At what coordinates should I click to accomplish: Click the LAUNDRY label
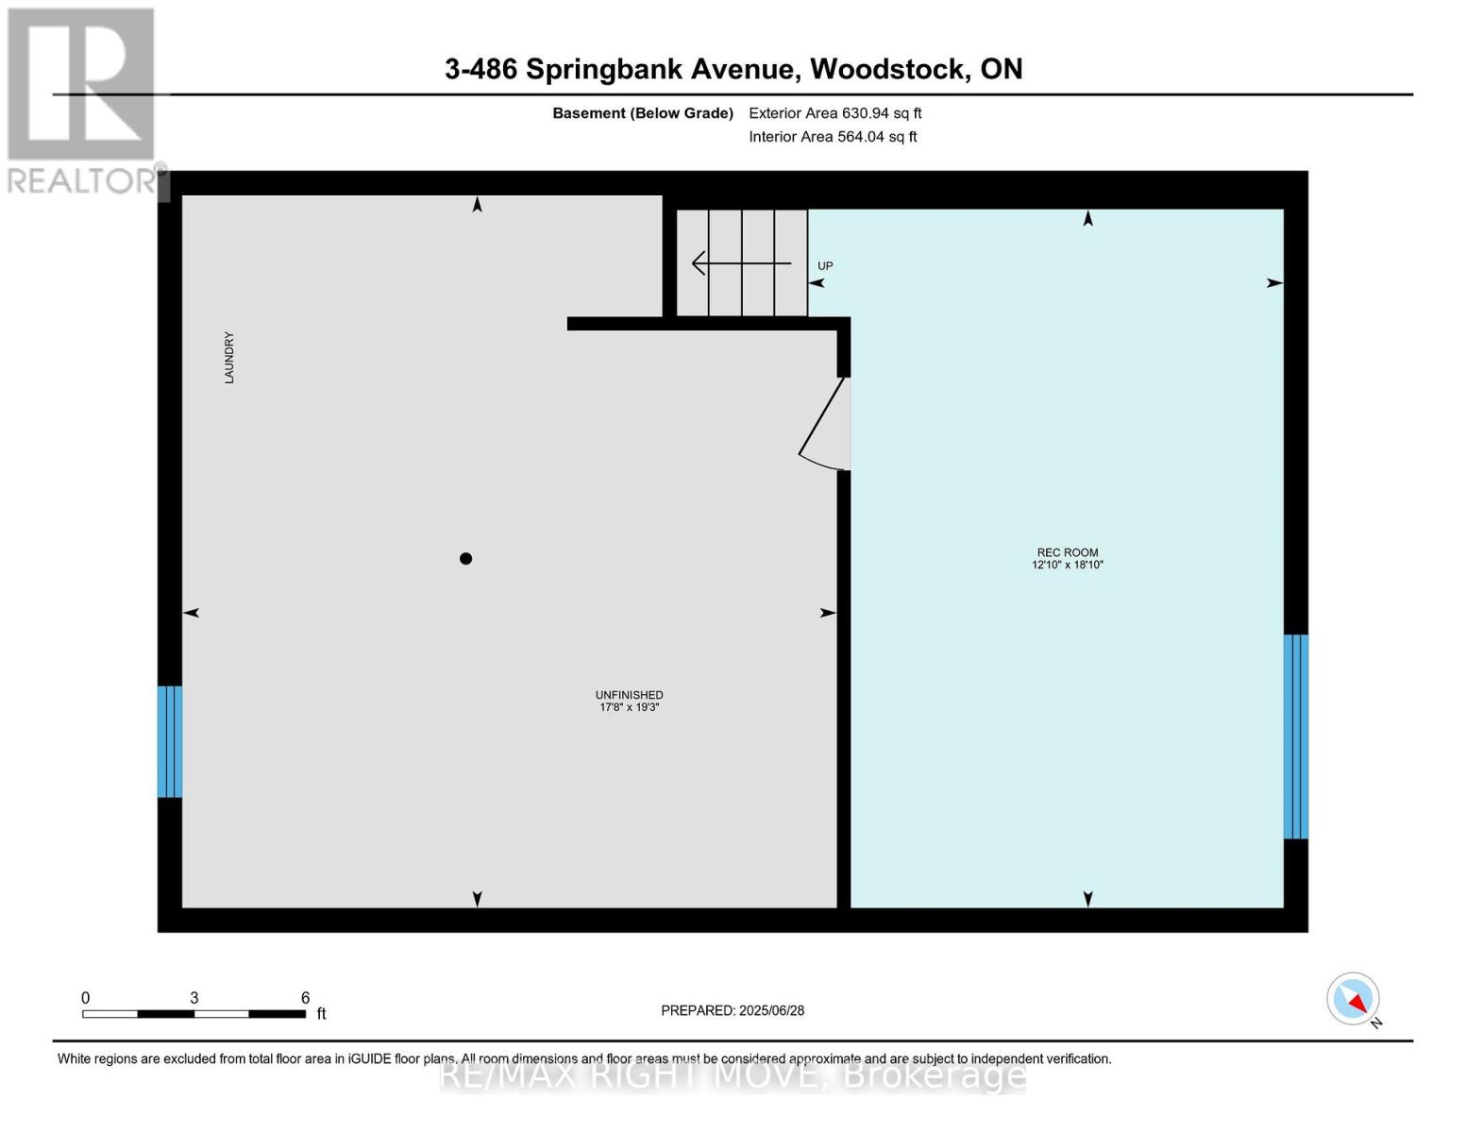pos(229,358)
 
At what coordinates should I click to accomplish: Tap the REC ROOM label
pos(1068,552)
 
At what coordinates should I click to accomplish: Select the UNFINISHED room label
pos(629,695)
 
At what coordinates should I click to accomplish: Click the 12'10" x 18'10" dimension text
pos(1068,565)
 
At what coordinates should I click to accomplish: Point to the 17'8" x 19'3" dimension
pos(629,707)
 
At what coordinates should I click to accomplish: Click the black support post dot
pos(465,559)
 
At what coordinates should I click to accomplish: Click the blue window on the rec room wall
pos(1295,736)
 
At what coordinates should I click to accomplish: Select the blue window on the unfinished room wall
pos(170,741)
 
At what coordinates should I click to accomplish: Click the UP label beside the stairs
pos(825,266)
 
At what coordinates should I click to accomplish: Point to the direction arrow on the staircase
pos(741,262)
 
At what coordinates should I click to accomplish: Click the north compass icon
pos(1354,999)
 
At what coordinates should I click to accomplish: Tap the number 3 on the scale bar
pos(194,998)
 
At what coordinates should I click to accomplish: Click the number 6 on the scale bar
pos(305,998)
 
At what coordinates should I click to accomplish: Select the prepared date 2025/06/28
pos(771,1010)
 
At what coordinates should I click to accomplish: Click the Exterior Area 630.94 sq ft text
pos(834,113)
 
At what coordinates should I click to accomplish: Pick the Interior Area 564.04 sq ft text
pos(833,137)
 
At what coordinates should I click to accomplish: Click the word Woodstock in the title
pos(888,69)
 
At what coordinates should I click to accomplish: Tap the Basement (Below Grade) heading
pos(643,113)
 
